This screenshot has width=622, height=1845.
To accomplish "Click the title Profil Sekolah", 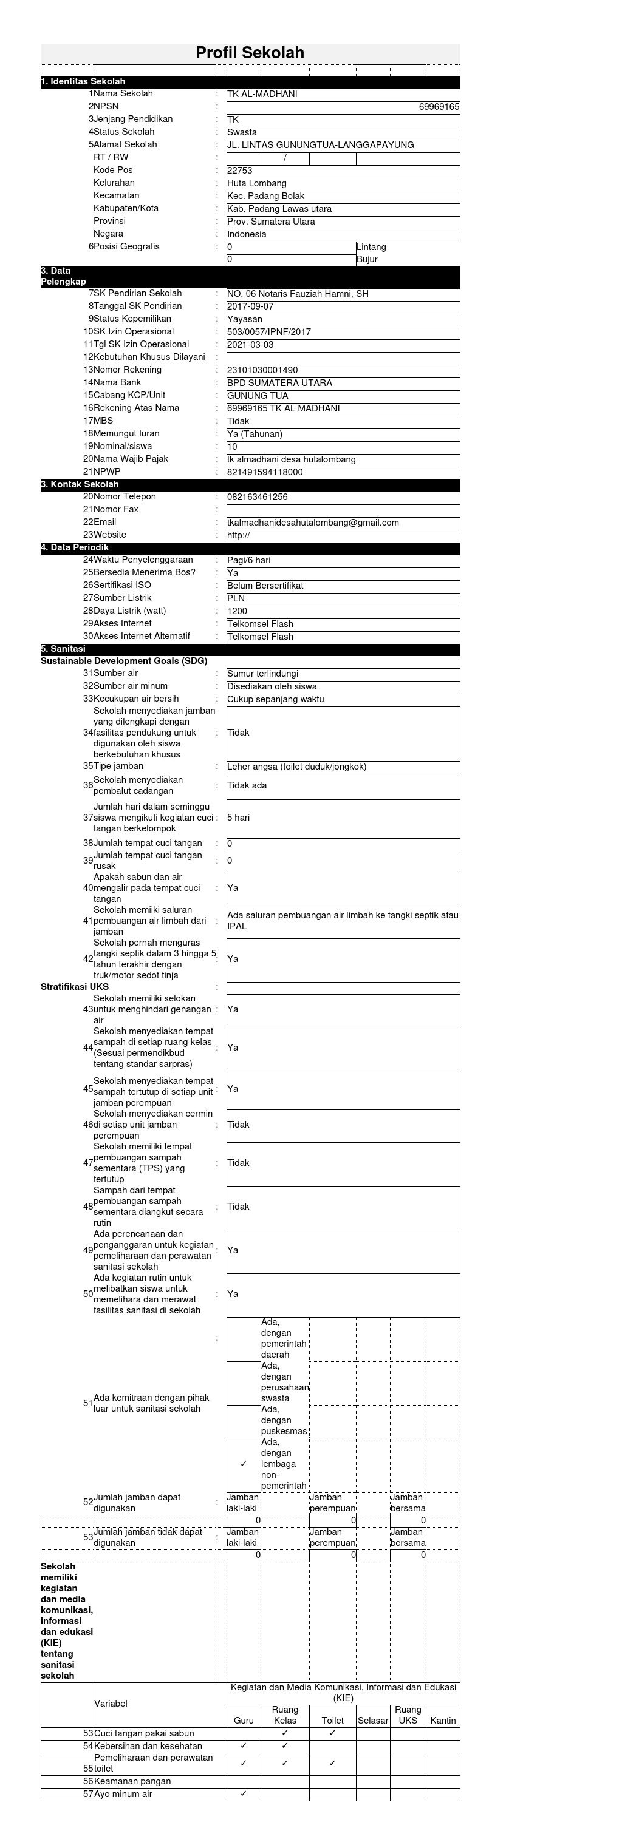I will click(250, 53).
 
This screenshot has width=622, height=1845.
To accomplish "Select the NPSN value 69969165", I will click(439, 107).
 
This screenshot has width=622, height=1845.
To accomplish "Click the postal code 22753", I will click(239, 171).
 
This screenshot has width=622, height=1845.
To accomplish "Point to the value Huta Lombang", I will click(256, 183).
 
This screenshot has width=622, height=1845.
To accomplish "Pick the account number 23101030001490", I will click(262, 370).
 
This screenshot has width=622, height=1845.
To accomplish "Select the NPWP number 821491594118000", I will click(265, 473).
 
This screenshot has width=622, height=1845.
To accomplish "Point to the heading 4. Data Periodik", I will click(75, 548).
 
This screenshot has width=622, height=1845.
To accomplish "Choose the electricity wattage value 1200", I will click(237, 612).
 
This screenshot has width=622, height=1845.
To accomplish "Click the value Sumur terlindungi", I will click(263, 674).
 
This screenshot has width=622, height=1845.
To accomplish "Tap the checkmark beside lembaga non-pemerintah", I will click(244, 1464).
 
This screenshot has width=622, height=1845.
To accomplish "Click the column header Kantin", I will click(443, 1721).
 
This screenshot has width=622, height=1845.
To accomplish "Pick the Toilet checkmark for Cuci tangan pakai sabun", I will click(332, 1733).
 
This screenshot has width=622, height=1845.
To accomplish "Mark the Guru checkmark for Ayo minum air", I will click(244, 1794).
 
